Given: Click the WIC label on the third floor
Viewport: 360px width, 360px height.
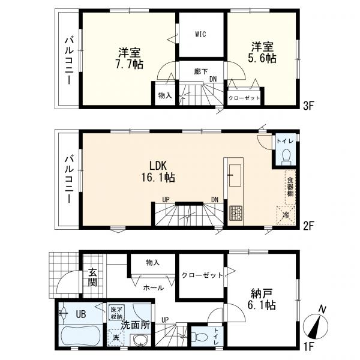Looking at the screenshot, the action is [200, 34].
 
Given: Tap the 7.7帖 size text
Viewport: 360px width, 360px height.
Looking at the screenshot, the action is [129, 64].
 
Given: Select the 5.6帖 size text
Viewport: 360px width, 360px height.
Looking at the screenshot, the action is [262, 58].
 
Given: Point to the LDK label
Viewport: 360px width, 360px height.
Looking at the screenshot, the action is [158, 166].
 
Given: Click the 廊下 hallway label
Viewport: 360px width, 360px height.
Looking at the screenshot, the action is [201, 72].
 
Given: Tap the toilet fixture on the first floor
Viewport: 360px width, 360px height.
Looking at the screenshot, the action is [200, 337].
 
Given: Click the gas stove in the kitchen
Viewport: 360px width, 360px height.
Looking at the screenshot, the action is [236, 214].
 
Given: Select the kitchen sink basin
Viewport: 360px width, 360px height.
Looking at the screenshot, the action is [235, 175].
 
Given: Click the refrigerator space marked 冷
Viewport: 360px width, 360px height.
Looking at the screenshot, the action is [286, 215].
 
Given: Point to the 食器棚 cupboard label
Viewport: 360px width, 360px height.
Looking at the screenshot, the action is [290, 187].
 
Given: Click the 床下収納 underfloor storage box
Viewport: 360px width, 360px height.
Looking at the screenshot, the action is [117, 313].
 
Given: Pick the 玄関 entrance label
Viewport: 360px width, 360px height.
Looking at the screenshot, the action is [93, 278].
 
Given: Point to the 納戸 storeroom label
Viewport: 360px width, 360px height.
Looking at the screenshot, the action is [262, 294].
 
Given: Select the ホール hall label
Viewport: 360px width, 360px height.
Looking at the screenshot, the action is [154, 287].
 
